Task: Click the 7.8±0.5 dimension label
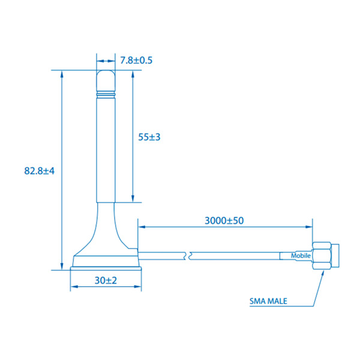pos(136,60)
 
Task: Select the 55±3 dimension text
pos(149,137)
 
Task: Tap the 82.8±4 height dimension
pos(40,171)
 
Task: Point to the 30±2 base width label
pos(106,280)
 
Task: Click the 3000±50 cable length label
pos(224,220)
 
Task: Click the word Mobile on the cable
pos(301,256)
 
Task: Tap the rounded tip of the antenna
pos(106,78)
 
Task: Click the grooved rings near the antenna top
pos(106,94)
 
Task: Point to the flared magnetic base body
pos(106,240)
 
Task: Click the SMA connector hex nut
pos(322,256)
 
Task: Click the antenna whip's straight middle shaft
pos(106,150)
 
